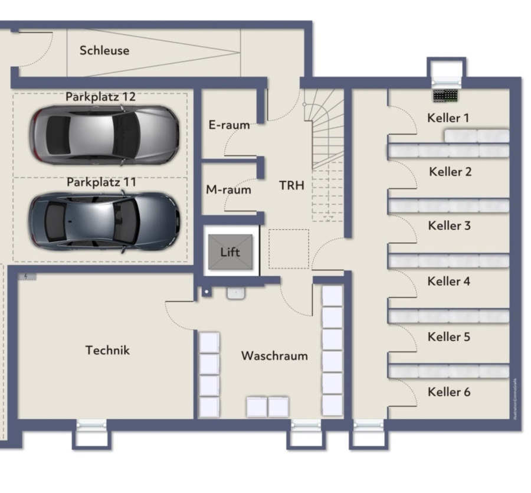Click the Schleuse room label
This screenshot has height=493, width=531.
104,50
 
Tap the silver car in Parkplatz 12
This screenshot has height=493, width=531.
104,135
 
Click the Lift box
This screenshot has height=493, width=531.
230,252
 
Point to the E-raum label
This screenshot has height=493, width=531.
229,125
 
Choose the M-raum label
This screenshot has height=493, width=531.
228,190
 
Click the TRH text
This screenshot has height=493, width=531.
291,185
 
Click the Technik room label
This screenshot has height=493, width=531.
107,350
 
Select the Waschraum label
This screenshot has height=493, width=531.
274,356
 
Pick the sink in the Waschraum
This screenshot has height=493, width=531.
235,293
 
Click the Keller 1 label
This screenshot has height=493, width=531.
448,118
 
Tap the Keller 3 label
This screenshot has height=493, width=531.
449,226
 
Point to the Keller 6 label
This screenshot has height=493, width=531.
449,392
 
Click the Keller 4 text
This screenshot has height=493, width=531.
448,281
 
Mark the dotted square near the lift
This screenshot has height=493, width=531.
289,249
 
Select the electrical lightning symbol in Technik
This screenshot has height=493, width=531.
27,276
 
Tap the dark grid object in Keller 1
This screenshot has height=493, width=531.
446,94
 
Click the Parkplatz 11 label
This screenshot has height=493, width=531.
101,182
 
